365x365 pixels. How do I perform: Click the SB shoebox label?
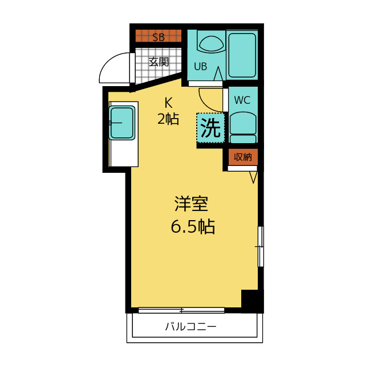159,37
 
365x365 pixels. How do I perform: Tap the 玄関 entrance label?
159,62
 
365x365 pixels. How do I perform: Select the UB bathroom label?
200,67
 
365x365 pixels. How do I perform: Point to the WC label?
242,100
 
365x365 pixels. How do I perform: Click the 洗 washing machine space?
210,128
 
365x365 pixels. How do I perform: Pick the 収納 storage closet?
243,157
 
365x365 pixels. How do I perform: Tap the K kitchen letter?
169,103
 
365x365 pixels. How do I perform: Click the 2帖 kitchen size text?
168,119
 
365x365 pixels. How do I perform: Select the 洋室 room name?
191,204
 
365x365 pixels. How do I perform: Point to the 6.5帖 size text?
193,226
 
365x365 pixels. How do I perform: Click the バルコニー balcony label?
191,327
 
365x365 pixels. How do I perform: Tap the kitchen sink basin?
121,123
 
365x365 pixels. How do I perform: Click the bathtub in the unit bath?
242,55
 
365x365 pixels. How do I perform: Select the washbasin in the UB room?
211,44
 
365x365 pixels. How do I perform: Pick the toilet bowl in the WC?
243,127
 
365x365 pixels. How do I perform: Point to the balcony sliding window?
181,310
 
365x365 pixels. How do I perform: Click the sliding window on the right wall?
261,246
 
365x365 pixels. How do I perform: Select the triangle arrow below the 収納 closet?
253,177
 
